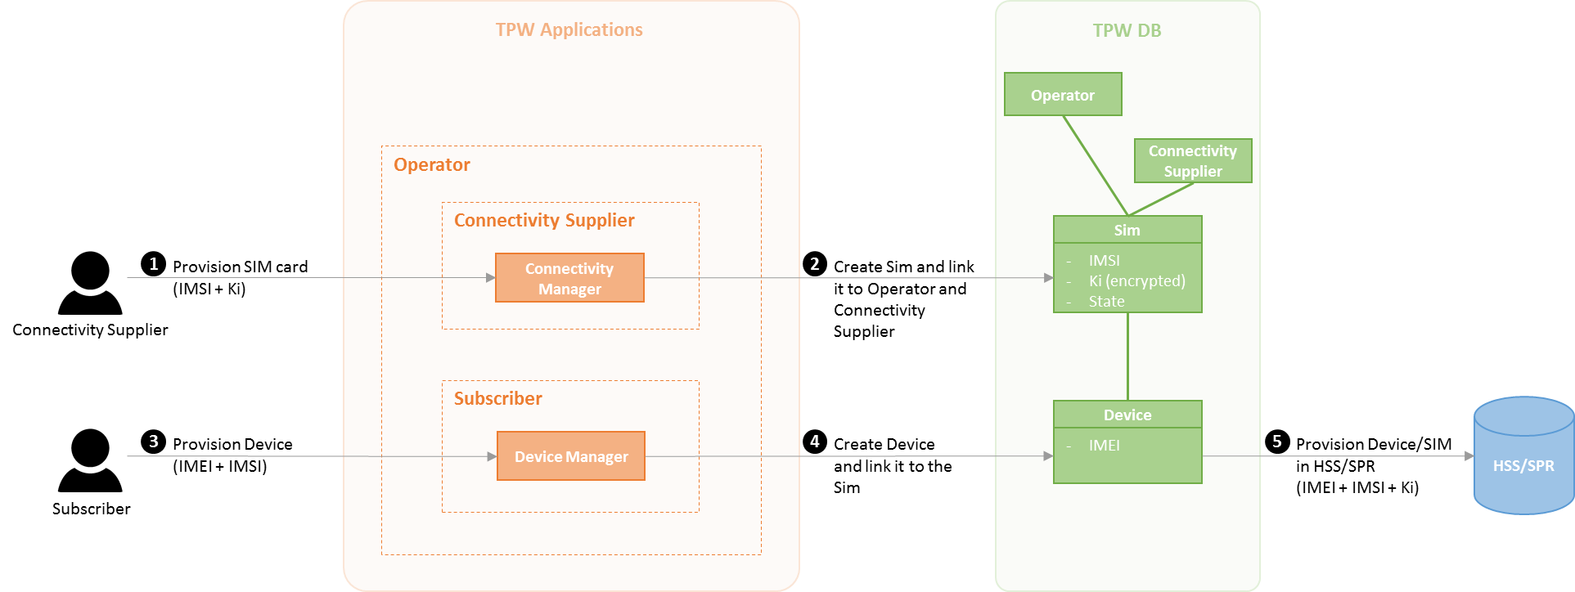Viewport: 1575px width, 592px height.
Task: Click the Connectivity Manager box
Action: click(x=569, y=278)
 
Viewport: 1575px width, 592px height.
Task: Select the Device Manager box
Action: click(x=571, y=456)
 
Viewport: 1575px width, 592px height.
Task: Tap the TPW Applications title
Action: click(x=569, y=30)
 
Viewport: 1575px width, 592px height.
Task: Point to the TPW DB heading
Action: click(x=1127, y=31)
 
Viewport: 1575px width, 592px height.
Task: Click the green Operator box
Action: click(x=1063, y=95)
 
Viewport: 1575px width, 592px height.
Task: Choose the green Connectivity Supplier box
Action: click(x=1193, y=161)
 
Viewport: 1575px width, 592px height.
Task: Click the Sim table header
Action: click(x=1127, y=231)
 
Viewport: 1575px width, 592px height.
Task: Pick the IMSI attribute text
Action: click(x=1105, y=261)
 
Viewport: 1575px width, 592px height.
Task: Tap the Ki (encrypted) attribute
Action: click(x=1136, y=281)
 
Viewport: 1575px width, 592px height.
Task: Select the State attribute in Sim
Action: click(x=1106, y=302)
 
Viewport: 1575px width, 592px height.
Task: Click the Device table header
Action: click(x=1127, y=415)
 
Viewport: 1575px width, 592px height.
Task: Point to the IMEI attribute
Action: click(x=1105, y=446)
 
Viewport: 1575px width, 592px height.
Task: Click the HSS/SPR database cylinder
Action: click(x=1523, y=457)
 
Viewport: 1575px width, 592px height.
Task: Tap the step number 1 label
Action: click(x=154, y=264)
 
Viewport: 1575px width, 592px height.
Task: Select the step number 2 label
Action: click(x=815, y=264)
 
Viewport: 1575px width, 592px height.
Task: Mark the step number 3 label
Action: click(x=154, y=442)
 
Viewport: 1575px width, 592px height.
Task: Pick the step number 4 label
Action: click(x=815, y=442)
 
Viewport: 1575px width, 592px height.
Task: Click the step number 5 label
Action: click(x=1277, y=442)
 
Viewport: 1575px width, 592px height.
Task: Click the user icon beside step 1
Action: click(x=90, y=283)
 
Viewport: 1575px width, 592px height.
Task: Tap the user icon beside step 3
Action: click(x=90, y=460)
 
